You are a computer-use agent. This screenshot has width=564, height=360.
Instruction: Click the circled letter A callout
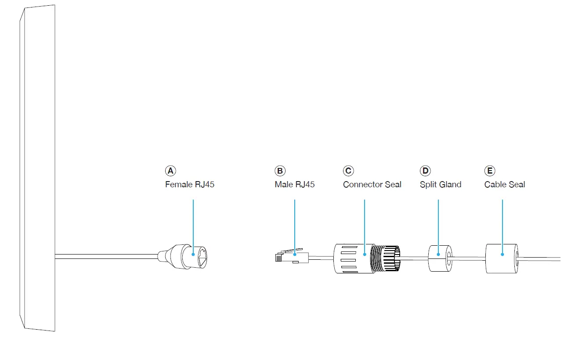point(170,171)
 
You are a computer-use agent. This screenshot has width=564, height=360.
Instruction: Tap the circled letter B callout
point(280,171)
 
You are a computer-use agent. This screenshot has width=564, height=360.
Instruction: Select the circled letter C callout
point(348,171)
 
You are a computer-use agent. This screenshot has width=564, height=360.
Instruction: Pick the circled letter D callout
point(425,171)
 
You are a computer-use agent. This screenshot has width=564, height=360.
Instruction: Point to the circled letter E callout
point(490,171)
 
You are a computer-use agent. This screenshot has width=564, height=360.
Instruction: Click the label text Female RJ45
point(190,185)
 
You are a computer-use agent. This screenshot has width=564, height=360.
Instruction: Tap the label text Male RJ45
point(295,185)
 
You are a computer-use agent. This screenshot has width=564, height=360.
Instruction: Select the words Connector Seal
point(372,185)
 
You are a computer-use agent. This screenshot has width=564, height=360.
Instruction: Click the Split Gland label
point(441,185)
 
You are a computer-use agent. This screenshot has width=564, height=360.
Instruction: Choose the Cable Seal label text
point(505,185)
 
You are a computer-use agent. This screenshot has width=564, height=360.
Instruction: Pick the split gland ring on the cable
point(440,258)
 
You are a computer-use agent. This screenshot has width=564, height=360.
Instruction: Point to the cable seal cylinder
point(501,258)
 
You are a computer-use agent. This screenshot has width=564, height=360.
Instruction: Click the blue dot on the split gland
point(438,254)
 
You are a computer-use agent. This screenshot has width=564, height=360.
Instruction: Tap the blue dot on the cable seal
point(503,254)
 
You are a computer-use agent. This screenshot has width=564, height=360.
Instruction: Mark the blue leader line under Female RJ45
point(193,224)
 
